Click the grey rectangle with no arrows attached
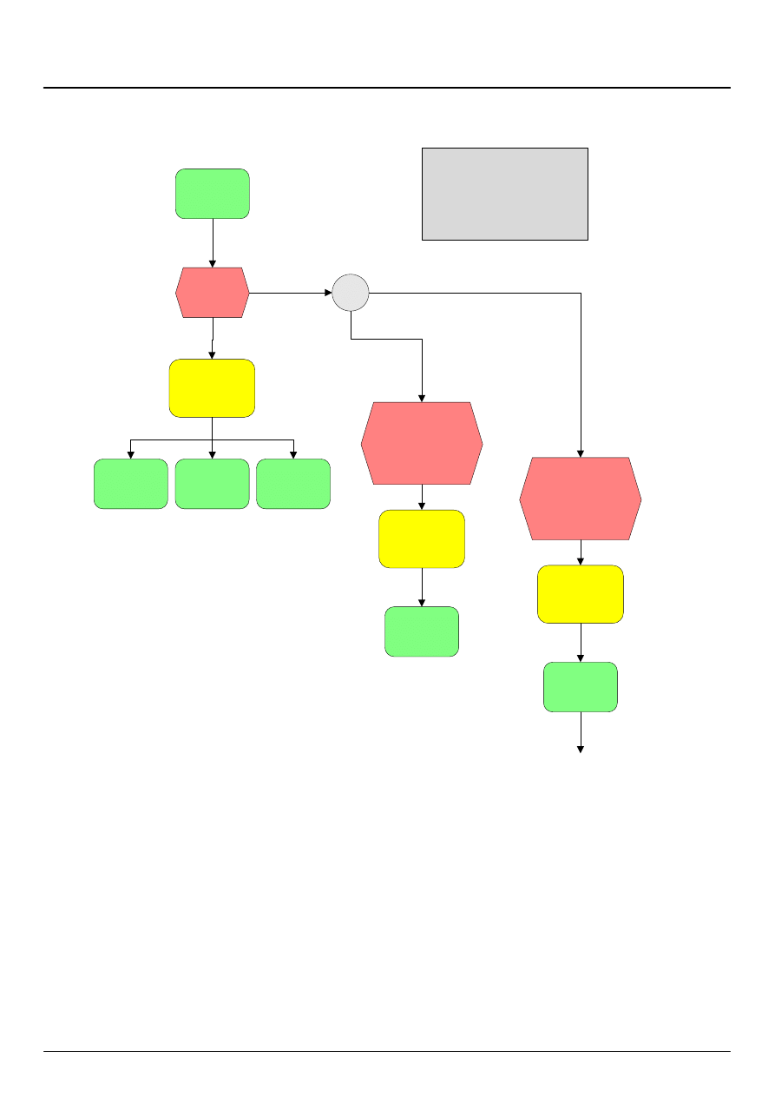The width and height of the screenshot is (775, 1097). pos(504,193)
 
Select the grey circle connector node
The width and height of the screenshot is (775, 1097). pos(351,293)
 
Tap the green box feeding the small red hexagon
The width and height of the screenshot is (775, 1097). pos(213,194)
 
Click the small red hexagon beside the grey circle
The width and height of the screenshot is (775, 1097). pos(213,293)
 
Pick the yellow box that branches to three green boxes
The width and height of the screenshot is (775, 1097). pos(212,387)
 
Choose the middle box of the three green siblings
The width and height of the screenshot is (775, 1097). pos(212,484)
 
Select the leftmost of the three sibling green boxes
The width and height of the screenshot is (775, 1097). pos(131,484)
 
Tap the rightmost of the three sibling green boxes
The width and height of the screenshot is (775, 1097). pos(293,484)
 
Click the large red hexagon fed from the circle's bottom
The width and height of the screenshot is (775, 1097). pos(422,443)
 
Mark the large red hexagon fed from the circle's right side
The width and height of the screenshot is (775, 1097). pos(580,499)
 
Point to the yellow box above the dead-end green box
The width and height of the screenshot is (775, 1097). pos(422,539)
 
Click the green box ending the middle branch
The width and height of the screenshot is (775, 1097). pos(422,631)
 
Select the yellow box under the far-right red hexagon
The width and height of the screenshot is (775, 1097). pos(580,594)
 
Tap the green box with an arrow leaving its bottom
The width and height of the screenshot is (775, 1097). pos(580,687)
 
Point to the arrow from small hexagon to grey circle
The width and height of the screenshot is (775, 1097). pos(291,293)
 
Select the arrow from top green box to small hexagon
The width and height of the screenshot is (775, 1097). pos(213,243)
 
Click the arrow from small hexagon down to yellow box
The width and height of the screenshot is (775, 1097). pos(213,339)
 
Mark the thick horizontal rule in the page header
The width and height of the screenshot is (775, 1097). pos(387,88)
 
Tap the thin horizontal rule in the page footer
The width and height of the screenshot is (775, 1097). pos(387,1052)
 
